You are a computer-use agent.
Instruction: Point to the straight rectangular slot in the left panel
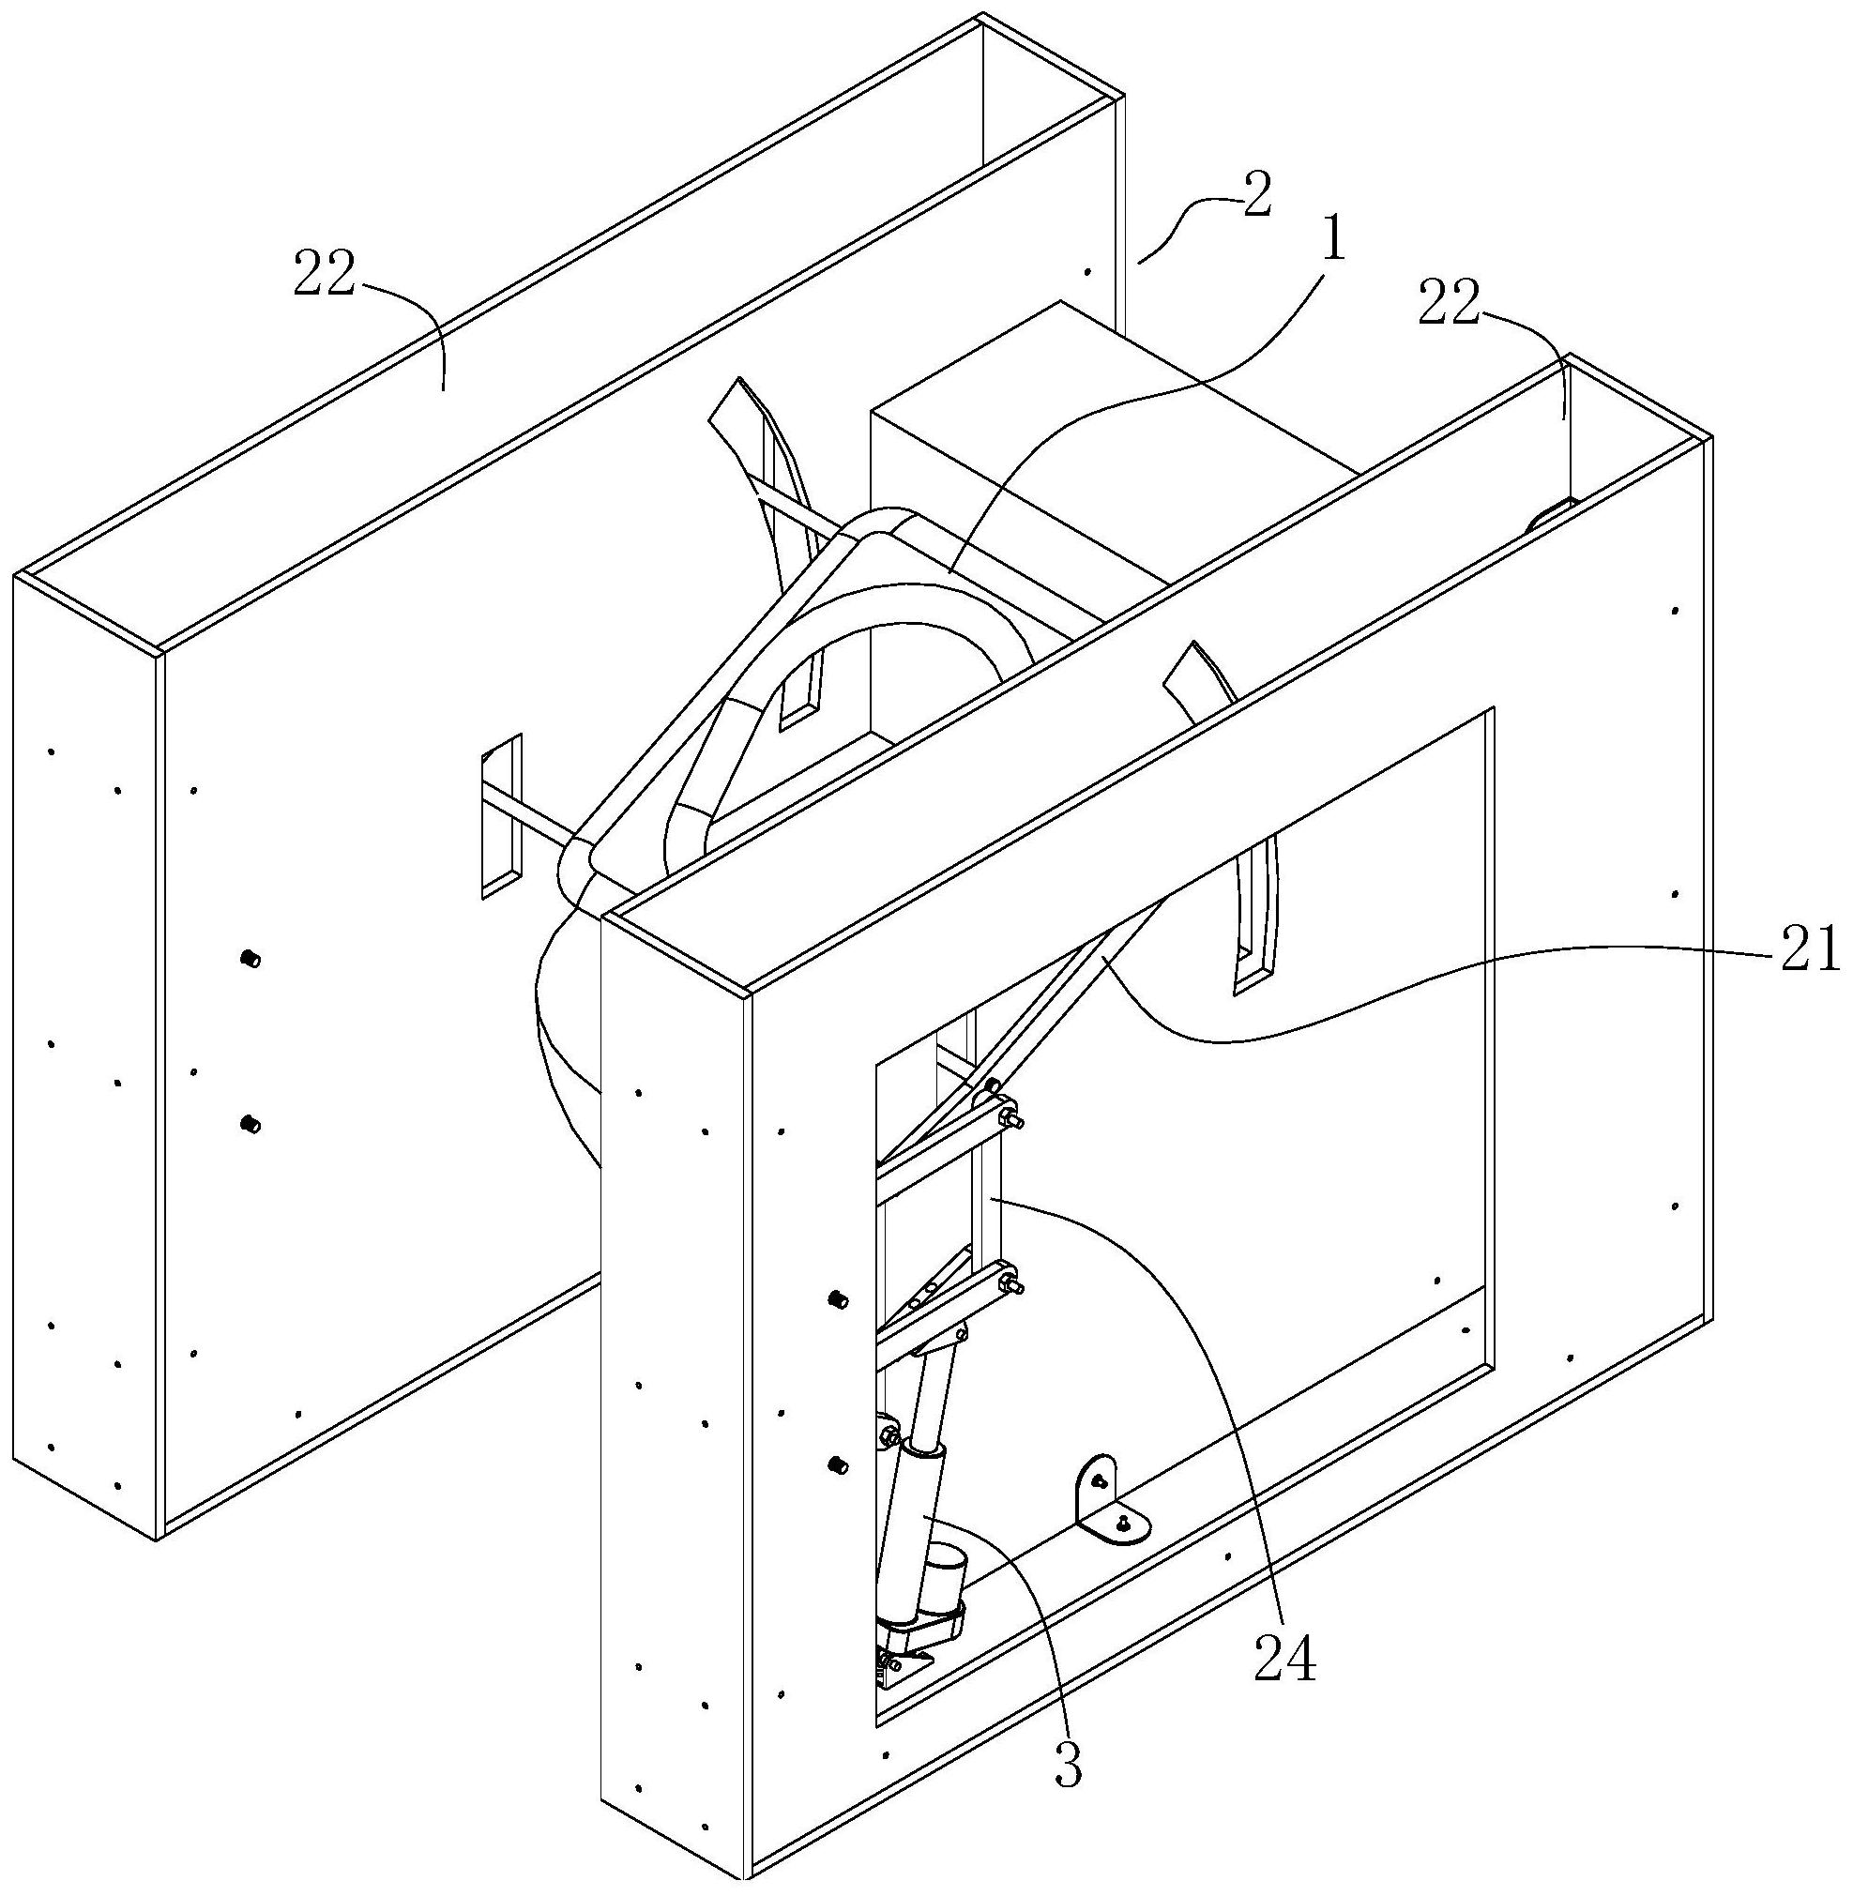(501, 815)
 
